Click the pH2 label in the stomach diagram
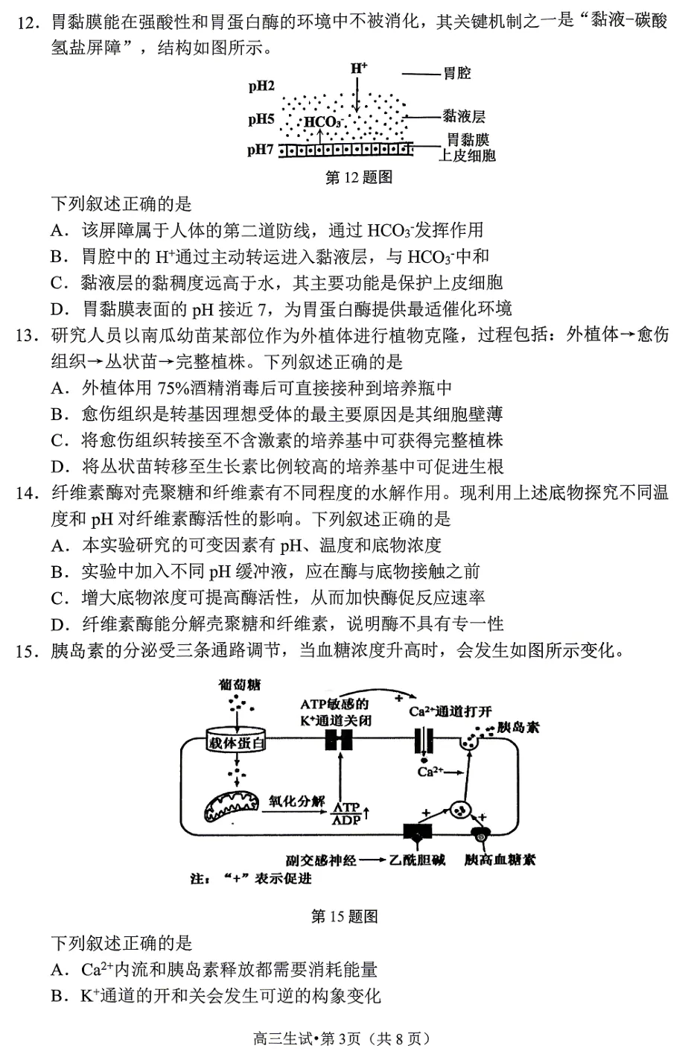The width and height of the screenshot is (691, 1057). (261, 86)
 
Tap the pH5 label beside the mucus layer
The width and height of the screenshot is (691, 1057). (261, 119)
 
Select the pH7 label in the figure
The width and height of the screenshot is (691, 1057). (261, 150)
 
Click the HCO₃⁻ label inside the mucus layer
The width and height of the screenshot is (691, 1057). (322, 122)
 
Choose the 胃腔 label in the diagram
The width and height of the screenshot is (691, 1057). (456, 74)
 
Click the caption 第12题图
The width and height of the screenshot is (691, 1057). (359, 177)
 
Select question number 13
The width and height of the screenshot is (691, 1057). (25, 335)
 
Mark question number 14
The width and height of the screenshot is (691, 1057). (25, 493)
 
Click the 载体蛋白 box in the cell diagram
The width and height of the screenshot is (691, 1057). (237, 742)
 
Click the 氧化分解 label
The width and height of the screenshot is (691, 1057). (297, 802)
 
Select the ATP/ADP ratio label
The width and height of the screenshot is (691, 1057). (346, 813)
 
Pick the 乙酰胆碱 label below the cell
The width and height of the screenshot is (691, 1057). (417, 860)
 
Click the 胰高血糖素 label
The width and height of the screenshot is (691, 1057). (500, 860)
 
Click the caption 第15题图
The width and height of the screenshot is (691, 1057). (344, 916)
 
